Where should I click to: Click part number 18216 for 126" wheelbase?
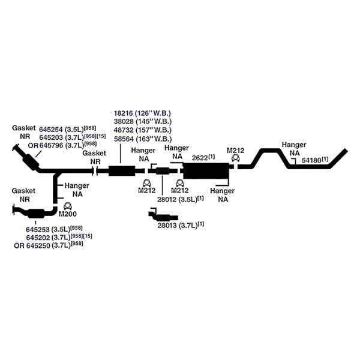click(123, 113)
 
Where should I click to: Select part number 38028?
click(124, 121)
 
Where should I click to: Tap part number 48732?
click(124, 130)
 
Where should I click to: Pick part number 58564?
click(124, 139)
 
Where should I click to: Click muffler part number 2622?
click(200, 158)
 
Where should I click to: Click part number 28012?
click(167, 199)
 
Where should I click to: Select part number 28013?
click(167, 226)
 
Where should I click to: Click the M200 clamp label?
click(67, 214)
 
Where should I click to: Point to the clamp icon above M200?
click(67, 206)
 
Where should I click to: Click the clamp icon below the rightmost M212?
click(236, 158)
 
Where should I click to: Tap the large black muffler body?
click(206, 171)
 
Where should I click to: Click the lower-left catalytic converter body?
click(36, 214)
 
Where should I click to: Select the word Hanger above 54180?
click(294, 145)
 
